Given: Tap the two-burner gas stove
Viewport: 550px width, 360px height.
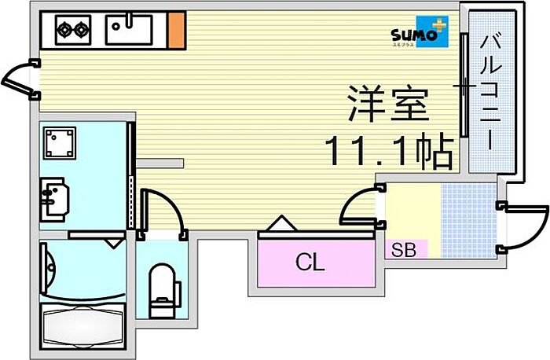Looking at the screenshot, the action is pos(73,31).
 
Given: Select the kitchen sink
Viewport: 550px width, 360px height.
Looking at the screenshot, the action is pos(130,30).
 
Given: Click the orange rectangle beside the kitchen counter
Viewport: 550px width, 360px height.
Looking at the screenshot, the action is pos(177,30).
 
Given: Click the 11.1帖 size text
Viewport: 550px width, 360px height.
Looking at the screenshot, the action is pos(390,149).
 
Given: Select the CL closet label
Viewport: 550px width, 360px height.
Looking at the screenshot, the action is pos(310,263).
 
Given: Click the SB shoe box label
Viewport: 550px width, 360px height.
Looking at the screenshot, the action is pos(405,251).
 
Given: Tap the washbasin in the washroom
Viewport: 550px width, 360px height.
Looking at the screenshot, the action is pos(53,197).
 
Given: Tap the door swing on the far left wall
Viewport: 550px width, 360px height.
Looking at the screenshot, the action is pos(17,79).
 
